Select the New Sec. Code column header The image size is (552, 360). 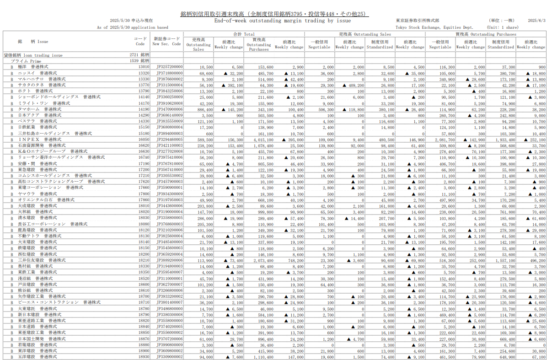tap(166, 41)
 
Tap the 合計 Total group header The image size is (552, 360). tap(244, 34)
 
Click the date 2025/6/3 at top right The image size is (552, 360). tap(537, 21)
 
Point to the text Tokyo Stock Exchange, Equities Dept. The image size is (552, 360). tap(431, 27)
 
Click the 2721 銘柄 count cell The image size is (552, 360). tap(139, 55)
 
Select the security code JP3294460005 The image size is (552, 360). tap(169, 139)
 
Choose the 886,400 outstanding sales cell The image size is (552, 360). tap(204, 109)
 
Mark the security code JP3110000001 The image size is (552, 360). tap(169, 278)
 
